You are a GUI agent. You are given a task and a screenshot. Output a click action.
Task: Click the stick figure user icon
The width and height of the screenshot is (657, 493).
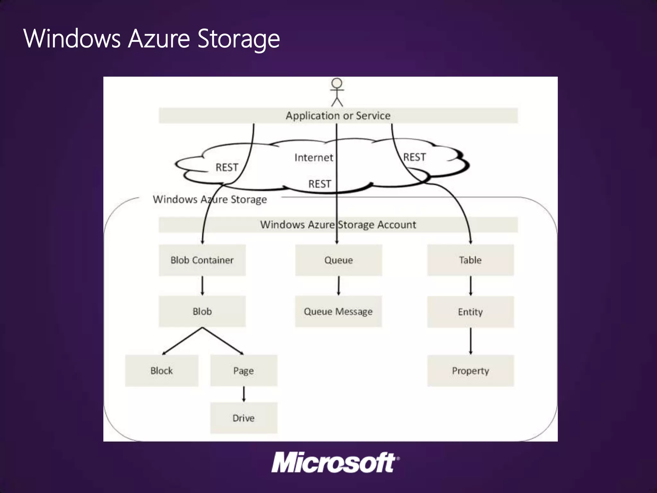[337, 92]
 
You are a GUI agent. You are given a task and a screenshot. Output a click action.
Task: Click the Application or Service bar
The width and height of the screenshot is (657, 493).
[338, 116]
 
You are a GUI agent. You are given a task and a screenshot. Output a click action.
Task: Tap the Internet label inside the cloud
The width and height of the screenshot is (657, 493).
[313, 158]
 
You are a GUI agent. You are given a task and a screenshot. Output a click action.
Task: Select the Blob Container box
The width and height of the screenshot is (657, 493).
[202, 260]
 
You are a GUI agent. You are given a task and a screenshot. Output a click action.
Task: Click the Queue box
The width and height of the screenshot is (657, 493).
[338, 260]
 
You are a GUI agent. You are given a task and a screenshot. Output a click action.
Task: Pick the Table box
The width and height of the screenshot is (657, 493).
[470, 260]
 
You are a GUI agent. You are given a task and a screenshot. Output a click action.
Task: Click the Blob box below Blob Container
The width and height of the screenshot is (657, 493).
[202, 311]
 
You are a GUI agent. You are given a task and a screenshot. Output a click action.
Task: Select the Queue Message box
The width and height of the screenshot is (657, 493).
[338, 311]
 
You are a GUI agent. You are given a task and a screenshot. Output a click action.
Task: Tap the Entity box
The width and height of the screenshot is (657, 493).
[470, 312]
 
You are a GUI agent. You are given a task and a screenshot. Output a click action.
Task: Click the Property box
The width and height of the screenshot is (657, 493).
[470, 371]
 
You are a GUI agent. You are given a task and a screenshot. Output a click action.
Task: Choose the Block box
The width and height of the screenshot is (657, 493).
[162, 371]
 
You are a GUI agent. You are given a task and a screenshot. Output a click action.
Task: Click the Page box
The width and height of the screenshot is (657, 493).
[243, 371]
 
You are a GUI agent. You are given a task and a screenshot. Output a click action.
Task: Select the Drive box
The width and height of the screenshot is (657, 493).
[243, 418]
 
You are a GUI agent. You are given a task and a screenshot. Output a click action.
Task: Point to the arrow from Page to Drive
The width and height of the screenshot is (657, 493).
[244, 394]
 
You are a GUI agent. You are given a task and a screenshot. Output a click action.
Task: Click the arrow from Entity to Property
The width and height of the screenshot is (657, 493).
[471, 341]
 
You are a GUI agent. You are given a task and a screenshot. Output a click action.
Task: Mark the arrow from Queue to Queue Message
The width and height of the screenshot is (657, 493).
[338, 285]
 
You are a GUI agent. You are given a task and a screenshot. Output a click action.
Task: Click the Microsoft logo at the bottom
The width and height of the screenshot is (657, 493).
[335, 463]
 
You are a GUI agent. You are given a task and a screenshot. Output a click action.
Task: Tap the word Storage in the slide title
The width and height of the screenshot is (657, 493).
[238, 39]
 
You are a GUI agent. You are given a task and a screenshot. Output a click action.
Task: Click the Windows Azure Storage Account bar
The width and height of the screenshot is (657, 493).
[338, 225]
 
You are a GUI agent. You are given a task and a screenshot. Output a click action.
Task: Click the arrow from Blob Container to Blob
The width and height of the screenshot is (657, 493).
[202, 285]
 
